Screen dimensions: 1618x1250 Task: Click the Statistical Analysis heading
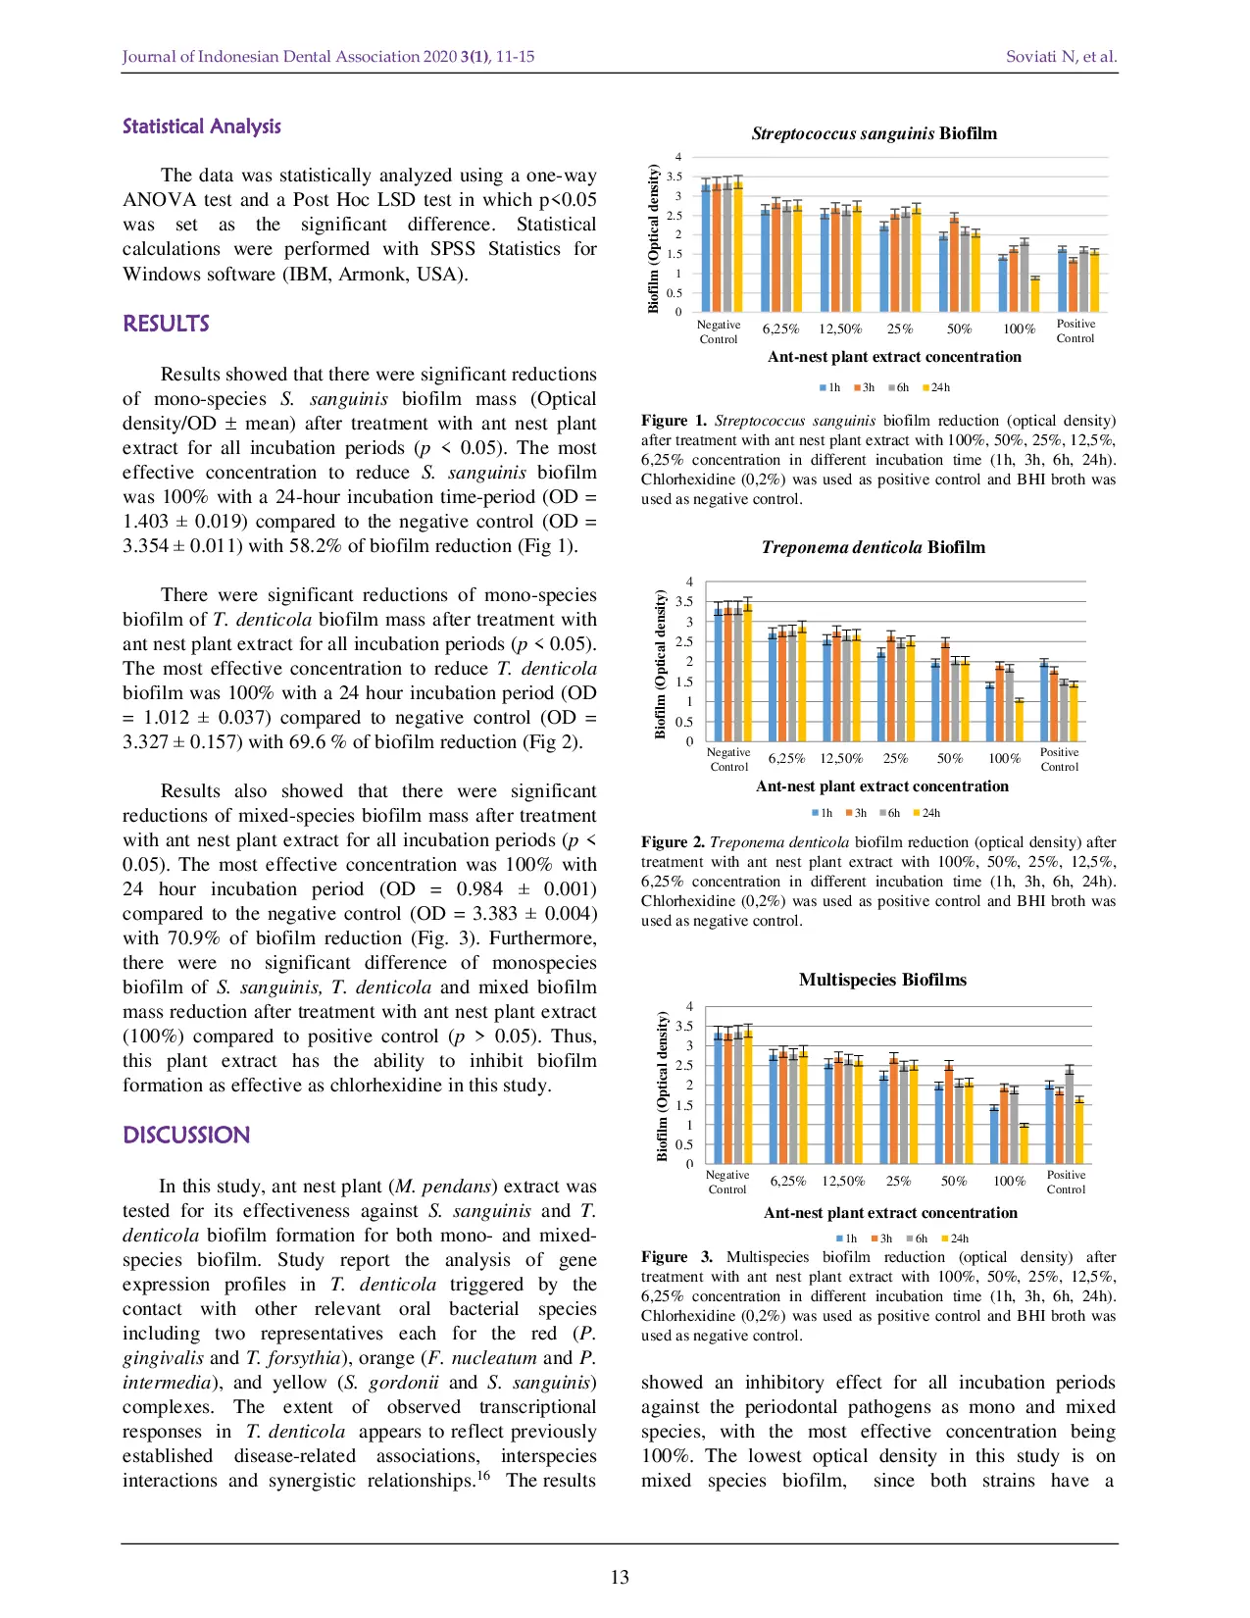click(x=201, y=126)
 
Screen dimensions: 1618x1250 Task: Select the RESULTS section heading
click(x=166, y=325)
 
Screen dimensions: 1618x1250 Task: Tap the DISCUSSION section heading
click(x=186, y=1136)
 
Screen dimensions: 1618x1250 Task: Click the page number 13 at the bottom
click(x=620, y=1577)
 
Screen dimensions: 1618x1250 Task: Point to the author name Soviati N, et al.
click(x=1061, y=57)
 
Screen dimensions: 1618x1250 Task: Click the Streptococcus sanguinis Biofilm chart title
click(x=874, y=134)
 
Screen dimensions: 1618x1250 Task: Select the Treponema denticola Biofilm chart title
click(x=873, y=548)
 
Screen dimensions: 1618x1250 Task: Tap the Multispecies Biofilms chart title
click(x=882, y=981)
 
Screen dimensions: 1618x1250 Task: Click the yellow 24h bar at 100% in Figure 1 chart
click(x=1035, y=295)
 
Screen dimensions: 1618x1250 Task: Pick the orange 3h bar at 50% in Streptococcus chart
click(x=954, y=265)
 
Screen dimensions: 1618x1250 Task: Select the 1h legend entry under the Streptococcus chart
click(x=829, y=388)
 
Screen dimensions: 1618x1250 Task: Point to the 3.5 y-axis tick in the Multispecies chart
click(x=684, y=1027)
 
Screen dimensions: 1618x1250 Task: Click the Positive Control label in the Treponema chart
click(x=1059, y=760)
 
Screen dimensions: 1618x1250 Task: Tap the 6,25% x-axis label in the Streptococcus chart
click(x=780, y=329)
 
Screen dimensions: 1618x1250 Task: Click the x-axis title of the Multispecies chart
click(x=890, y=1213)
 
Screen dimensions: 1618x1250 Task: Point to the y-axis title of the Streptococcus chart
click(x=654, y=238)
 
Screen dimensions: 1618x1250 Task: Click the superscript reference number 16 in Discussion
click(x=483, y=1475)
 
